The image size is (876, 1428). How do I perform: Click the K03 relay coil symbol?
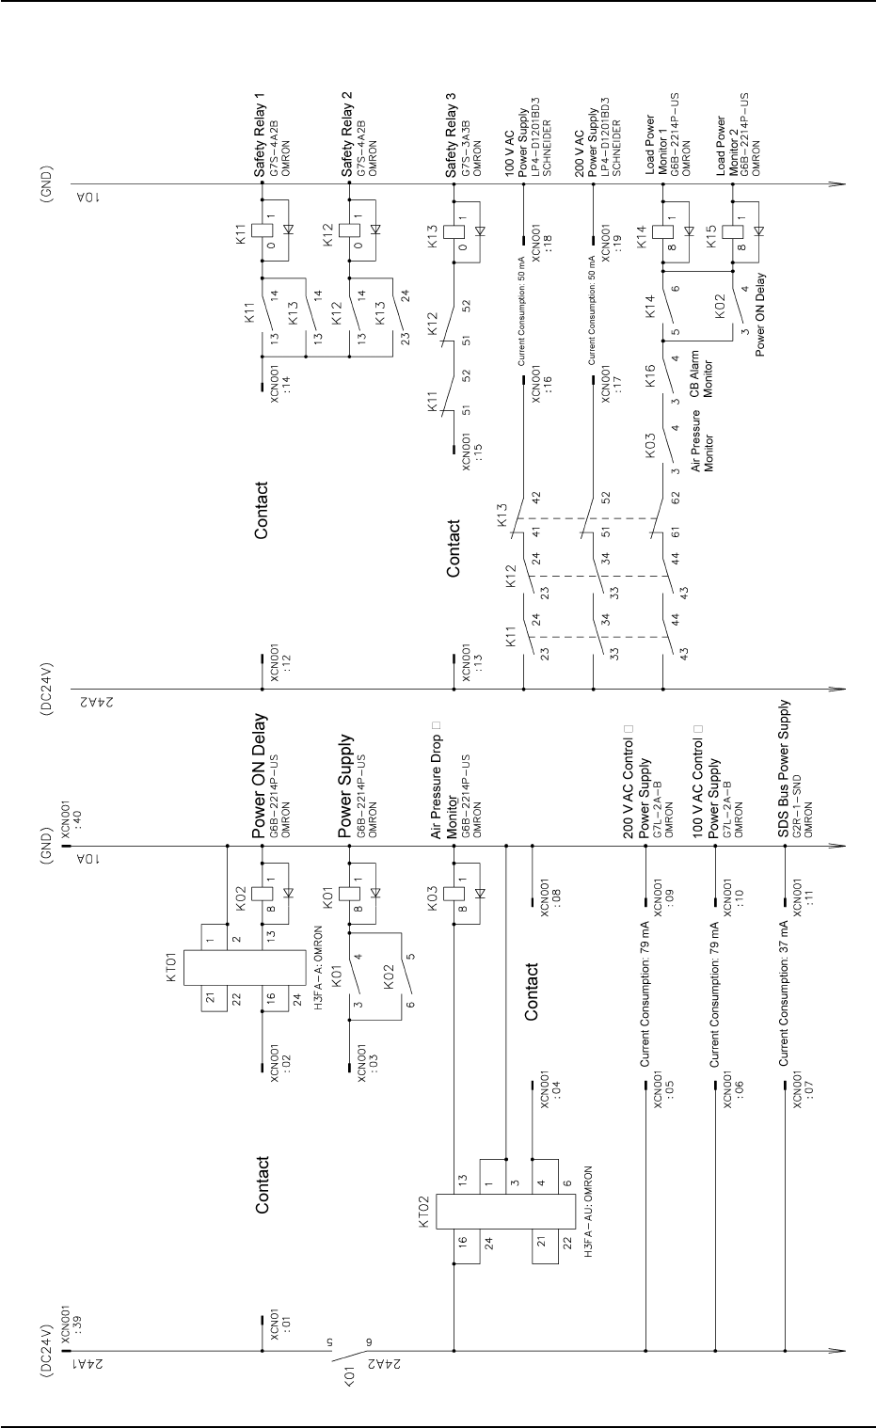click(x=454, y=895)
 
